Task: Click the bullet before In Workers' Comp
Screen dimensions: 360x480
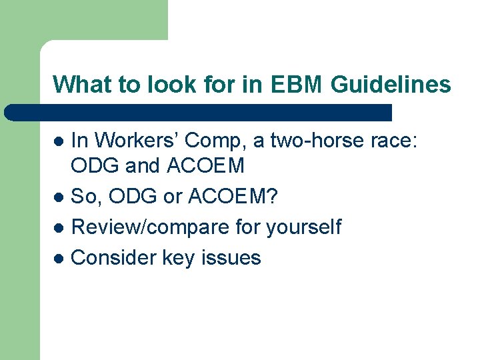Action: pos(59,141)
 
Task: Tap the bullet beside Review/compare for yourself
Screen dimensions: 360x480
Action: pos(59,228)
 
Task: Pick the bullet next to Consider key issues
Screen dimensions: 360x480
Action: pos(59,258)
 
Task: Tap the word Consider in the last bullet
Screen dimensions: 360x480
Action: pos(113,257)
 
